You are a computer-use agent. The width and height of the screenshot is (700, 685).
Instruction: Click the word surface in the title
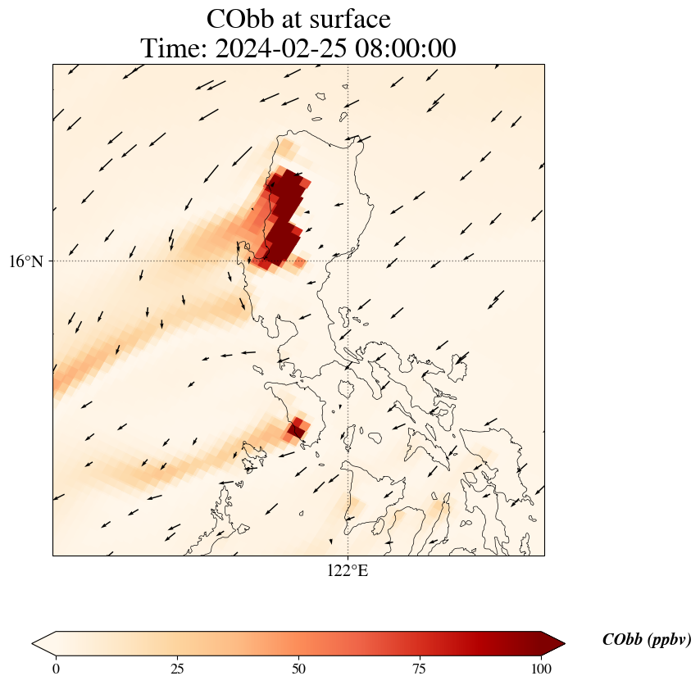(x=350, y=19)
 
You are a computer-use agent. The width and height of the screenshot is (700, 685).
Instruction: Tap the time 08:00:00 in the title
(x=403, y=48)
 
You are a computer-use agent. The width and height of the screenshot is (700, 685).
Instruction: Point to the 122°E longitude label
(x=348, y=571)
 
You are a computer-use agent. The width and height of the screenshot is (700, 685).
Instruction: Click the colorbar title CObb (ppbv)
(x=646, y=640)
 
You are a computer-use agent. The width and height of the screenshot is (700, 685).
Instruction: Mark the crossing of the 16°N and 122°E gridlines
(x=348, y=261)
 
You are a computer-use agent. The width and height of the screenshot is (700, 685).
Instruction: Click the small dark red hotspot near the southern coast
(x=296, y=429)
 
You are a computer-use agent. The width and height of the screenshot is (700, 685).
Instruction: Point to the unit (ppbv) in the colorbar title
(x=668, y=640)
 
